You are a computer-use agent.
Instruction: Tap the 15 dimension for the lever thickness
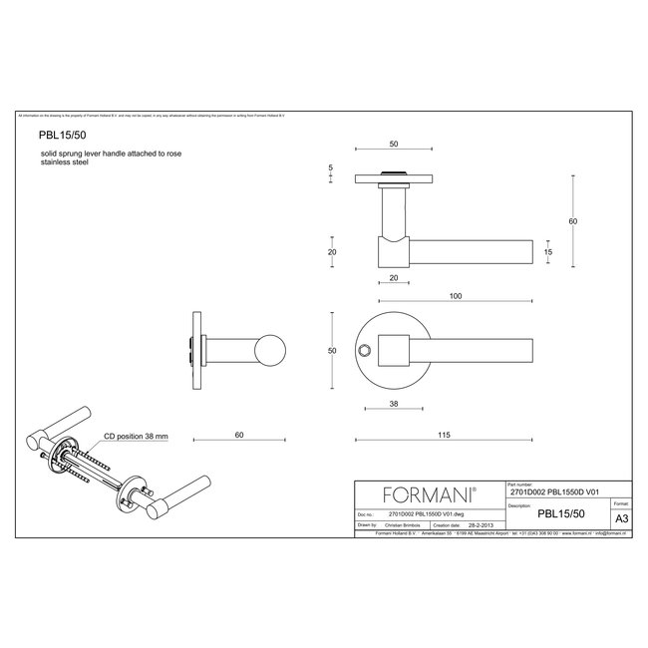547,253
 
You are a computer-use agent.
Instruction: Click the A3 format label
620,518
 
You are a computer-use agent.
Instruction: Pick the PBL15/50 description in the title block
559,514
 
